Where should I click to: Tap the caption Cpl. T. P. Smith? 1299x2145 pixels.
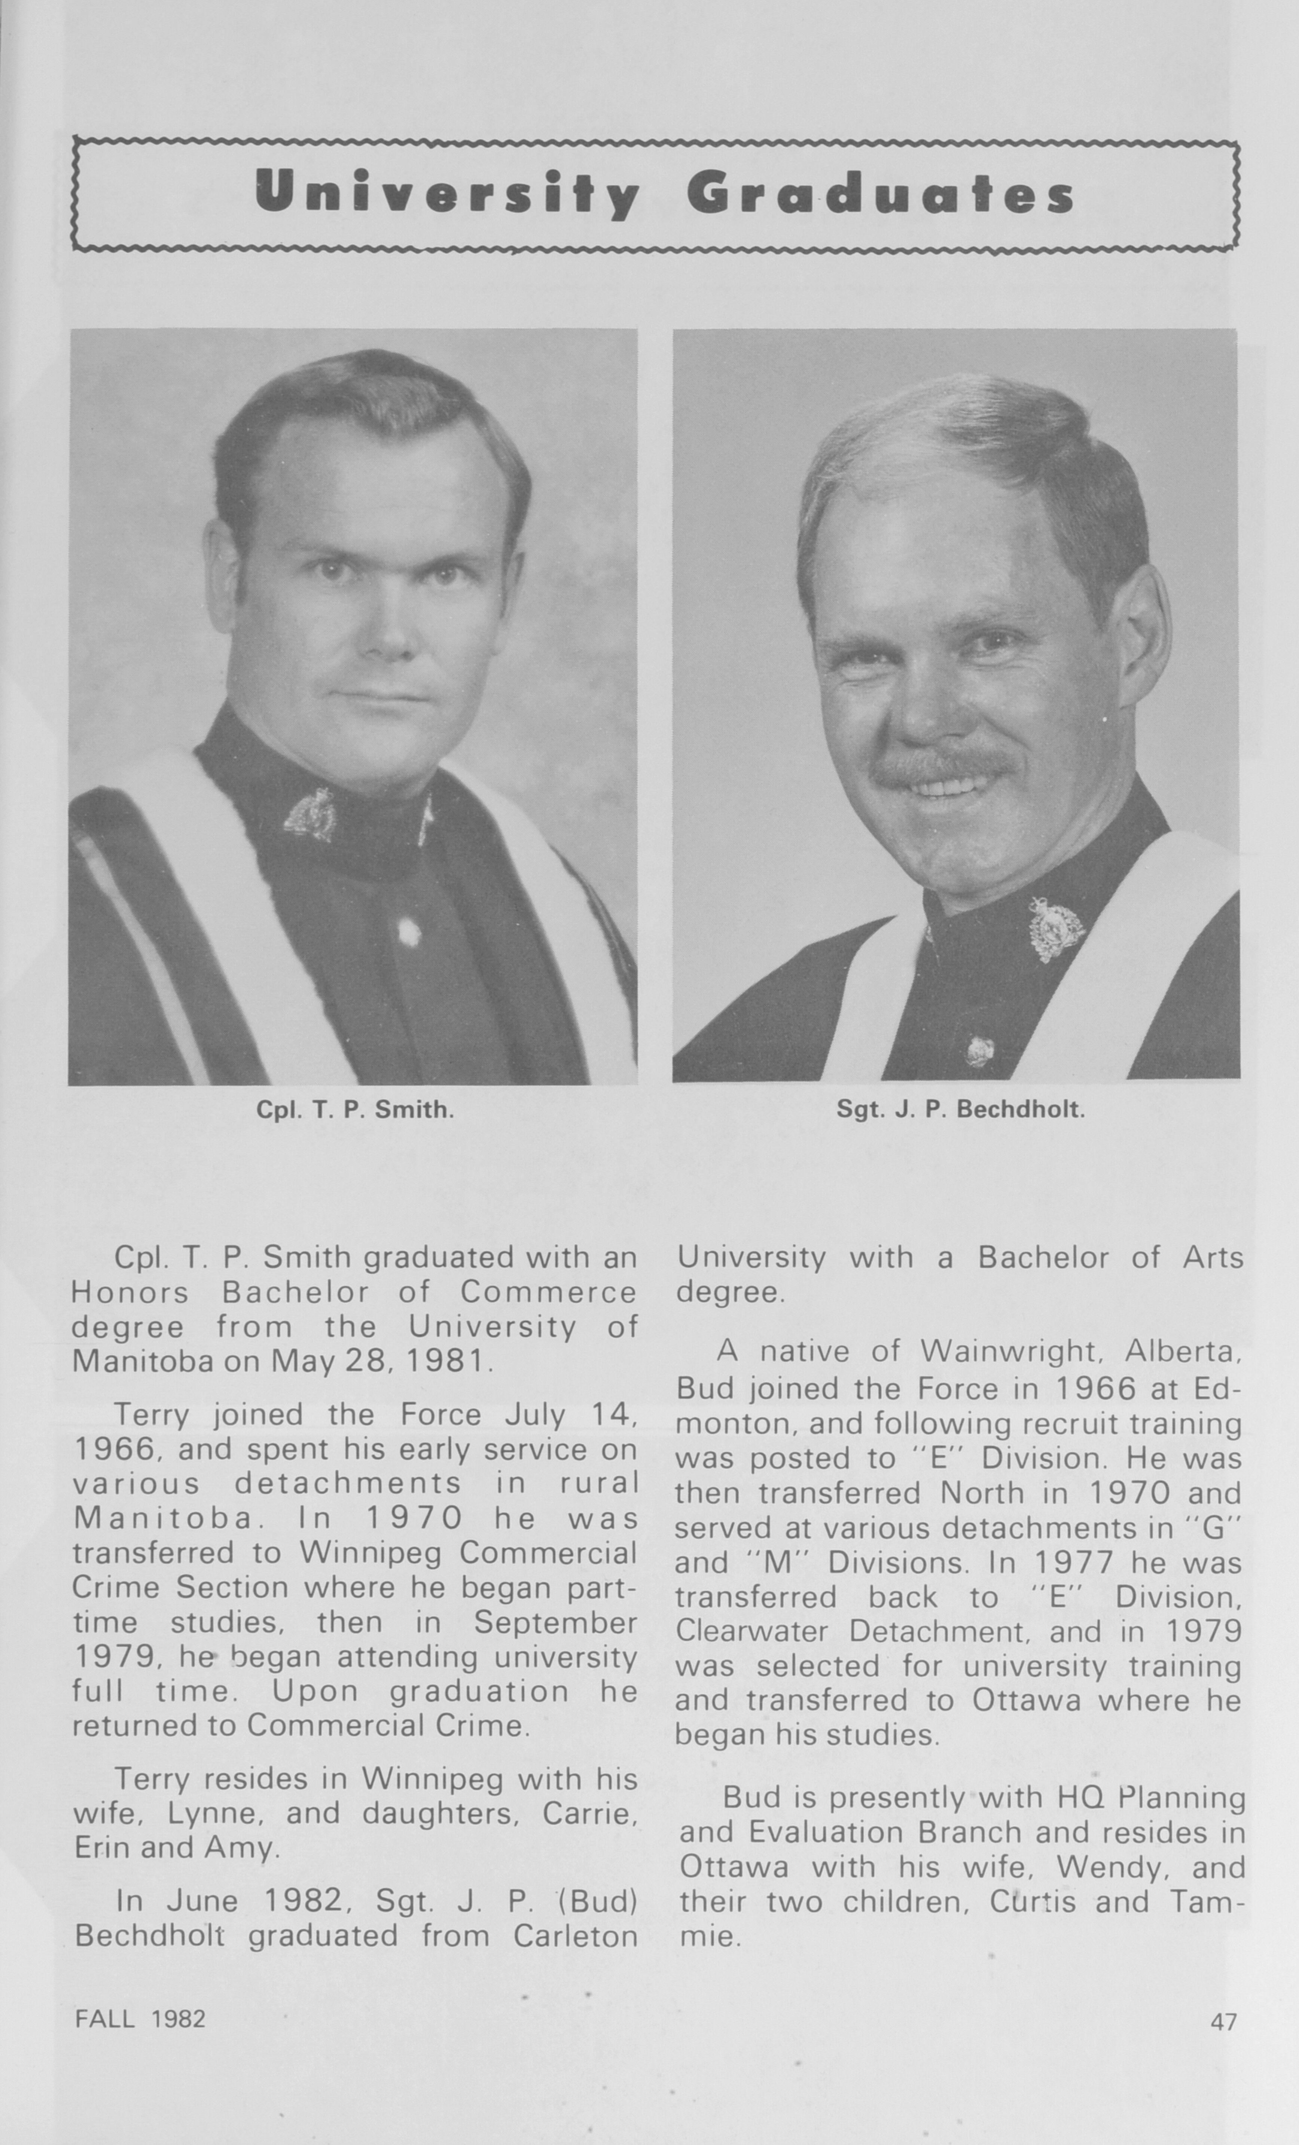354,1110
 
